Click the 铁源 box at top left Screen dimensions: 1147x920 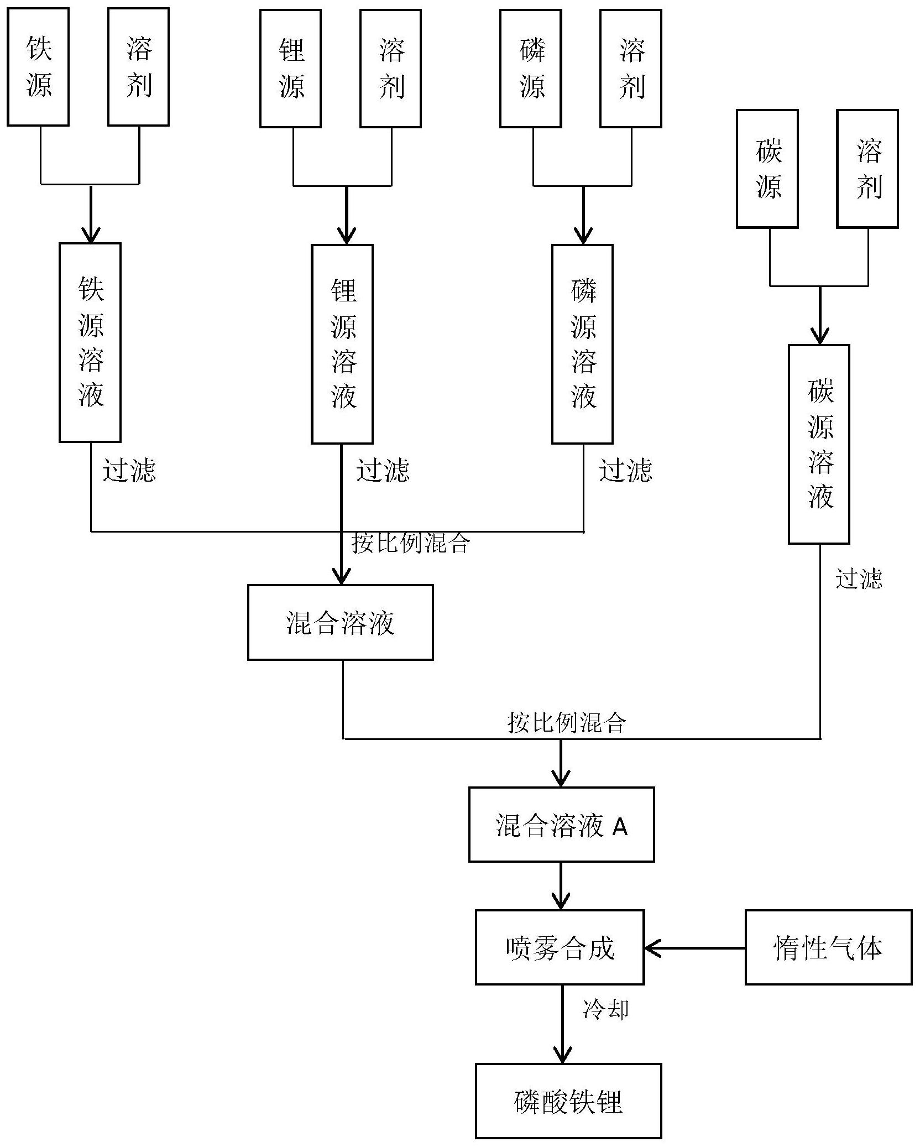(38, 67)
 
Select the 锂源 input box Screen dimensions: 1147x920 (290, 68)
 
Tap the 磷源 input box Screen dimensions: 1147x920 (530, 68)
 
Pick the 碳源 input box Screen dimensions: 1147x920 (767, 169)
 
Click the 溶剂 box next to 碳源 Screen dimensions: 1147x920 (867, 169)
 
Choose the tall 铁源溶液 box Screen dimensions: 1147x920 (90, 342)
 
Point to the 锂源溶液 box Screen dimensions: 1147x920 (342, 344)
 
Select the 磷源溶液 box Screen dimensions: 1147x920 (582, 344)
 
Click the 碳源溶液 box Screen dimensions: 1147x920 (819, 444)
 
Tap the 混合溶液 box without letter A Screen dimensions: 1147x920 (340, 622)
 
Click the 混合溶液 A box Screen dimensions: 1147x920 (561, 825)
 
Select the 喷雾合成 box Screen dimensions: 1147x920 (560, 947)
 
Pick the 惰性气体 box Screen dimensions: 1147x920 (828, 947)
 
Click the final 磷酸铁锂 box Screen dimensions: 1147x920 (568, 1101)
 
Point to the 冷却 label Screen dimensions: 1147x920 (605, 1009)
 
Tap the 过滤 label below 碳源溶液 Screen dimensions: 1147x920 (858, 578)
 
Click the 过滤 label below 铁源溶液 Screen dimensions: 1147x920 (129, 471)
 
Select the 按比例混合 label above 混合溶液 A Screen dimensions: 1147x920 (567, 722)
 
